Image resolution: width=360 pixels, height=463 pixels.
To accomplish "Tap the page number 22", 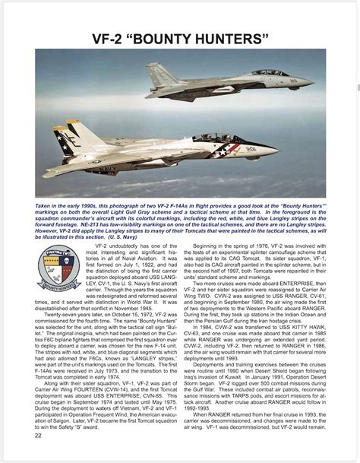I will coord(38,456).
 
